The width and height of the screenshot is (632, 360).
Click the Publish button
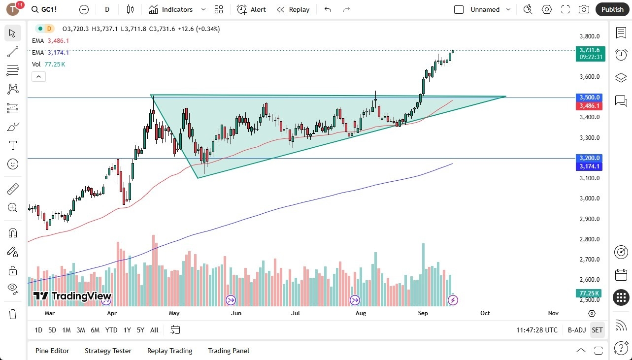pos(612,9)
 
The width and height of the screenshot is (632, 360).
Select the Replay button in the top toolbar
pos(293,9)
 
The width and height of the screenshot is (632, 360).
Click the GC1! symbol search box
pos(50,9)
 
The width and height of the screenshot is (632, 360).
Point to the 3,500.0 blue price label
pos(589,98)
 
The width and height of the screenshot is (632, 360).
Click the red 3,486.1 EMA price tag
pos(589,106)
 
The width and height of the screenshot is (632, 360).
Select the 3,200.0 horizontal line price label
pos(589,158)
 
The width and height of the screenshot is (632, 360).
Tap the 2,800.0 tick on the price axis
pos(589,239)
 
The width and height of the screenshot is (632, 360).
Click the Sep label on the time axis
pos(423,313)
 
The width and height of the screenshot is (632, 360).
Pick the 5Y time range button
pos(140,330)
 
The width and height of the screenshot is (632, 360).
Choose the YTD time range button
pos(111,330)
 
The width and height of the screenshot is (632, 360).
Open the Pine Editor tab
pos(52,351)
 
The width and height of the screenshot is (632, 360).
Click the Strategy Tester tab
pos(108,351)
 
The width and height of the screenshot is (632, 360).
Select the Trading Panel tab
pos(228,351)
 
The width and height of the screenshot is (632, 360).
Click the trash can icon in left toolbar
pos(13,314)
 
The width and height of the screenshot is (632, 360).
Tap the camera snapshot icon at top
pos(584,9)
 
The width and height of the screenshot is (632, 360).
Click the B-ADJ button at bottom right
pos(576,330)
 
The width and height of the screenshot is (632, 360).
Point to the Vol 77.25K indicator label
pos(49,65)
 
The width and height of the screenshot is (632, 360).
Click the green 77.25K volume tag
pos(589,294)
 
